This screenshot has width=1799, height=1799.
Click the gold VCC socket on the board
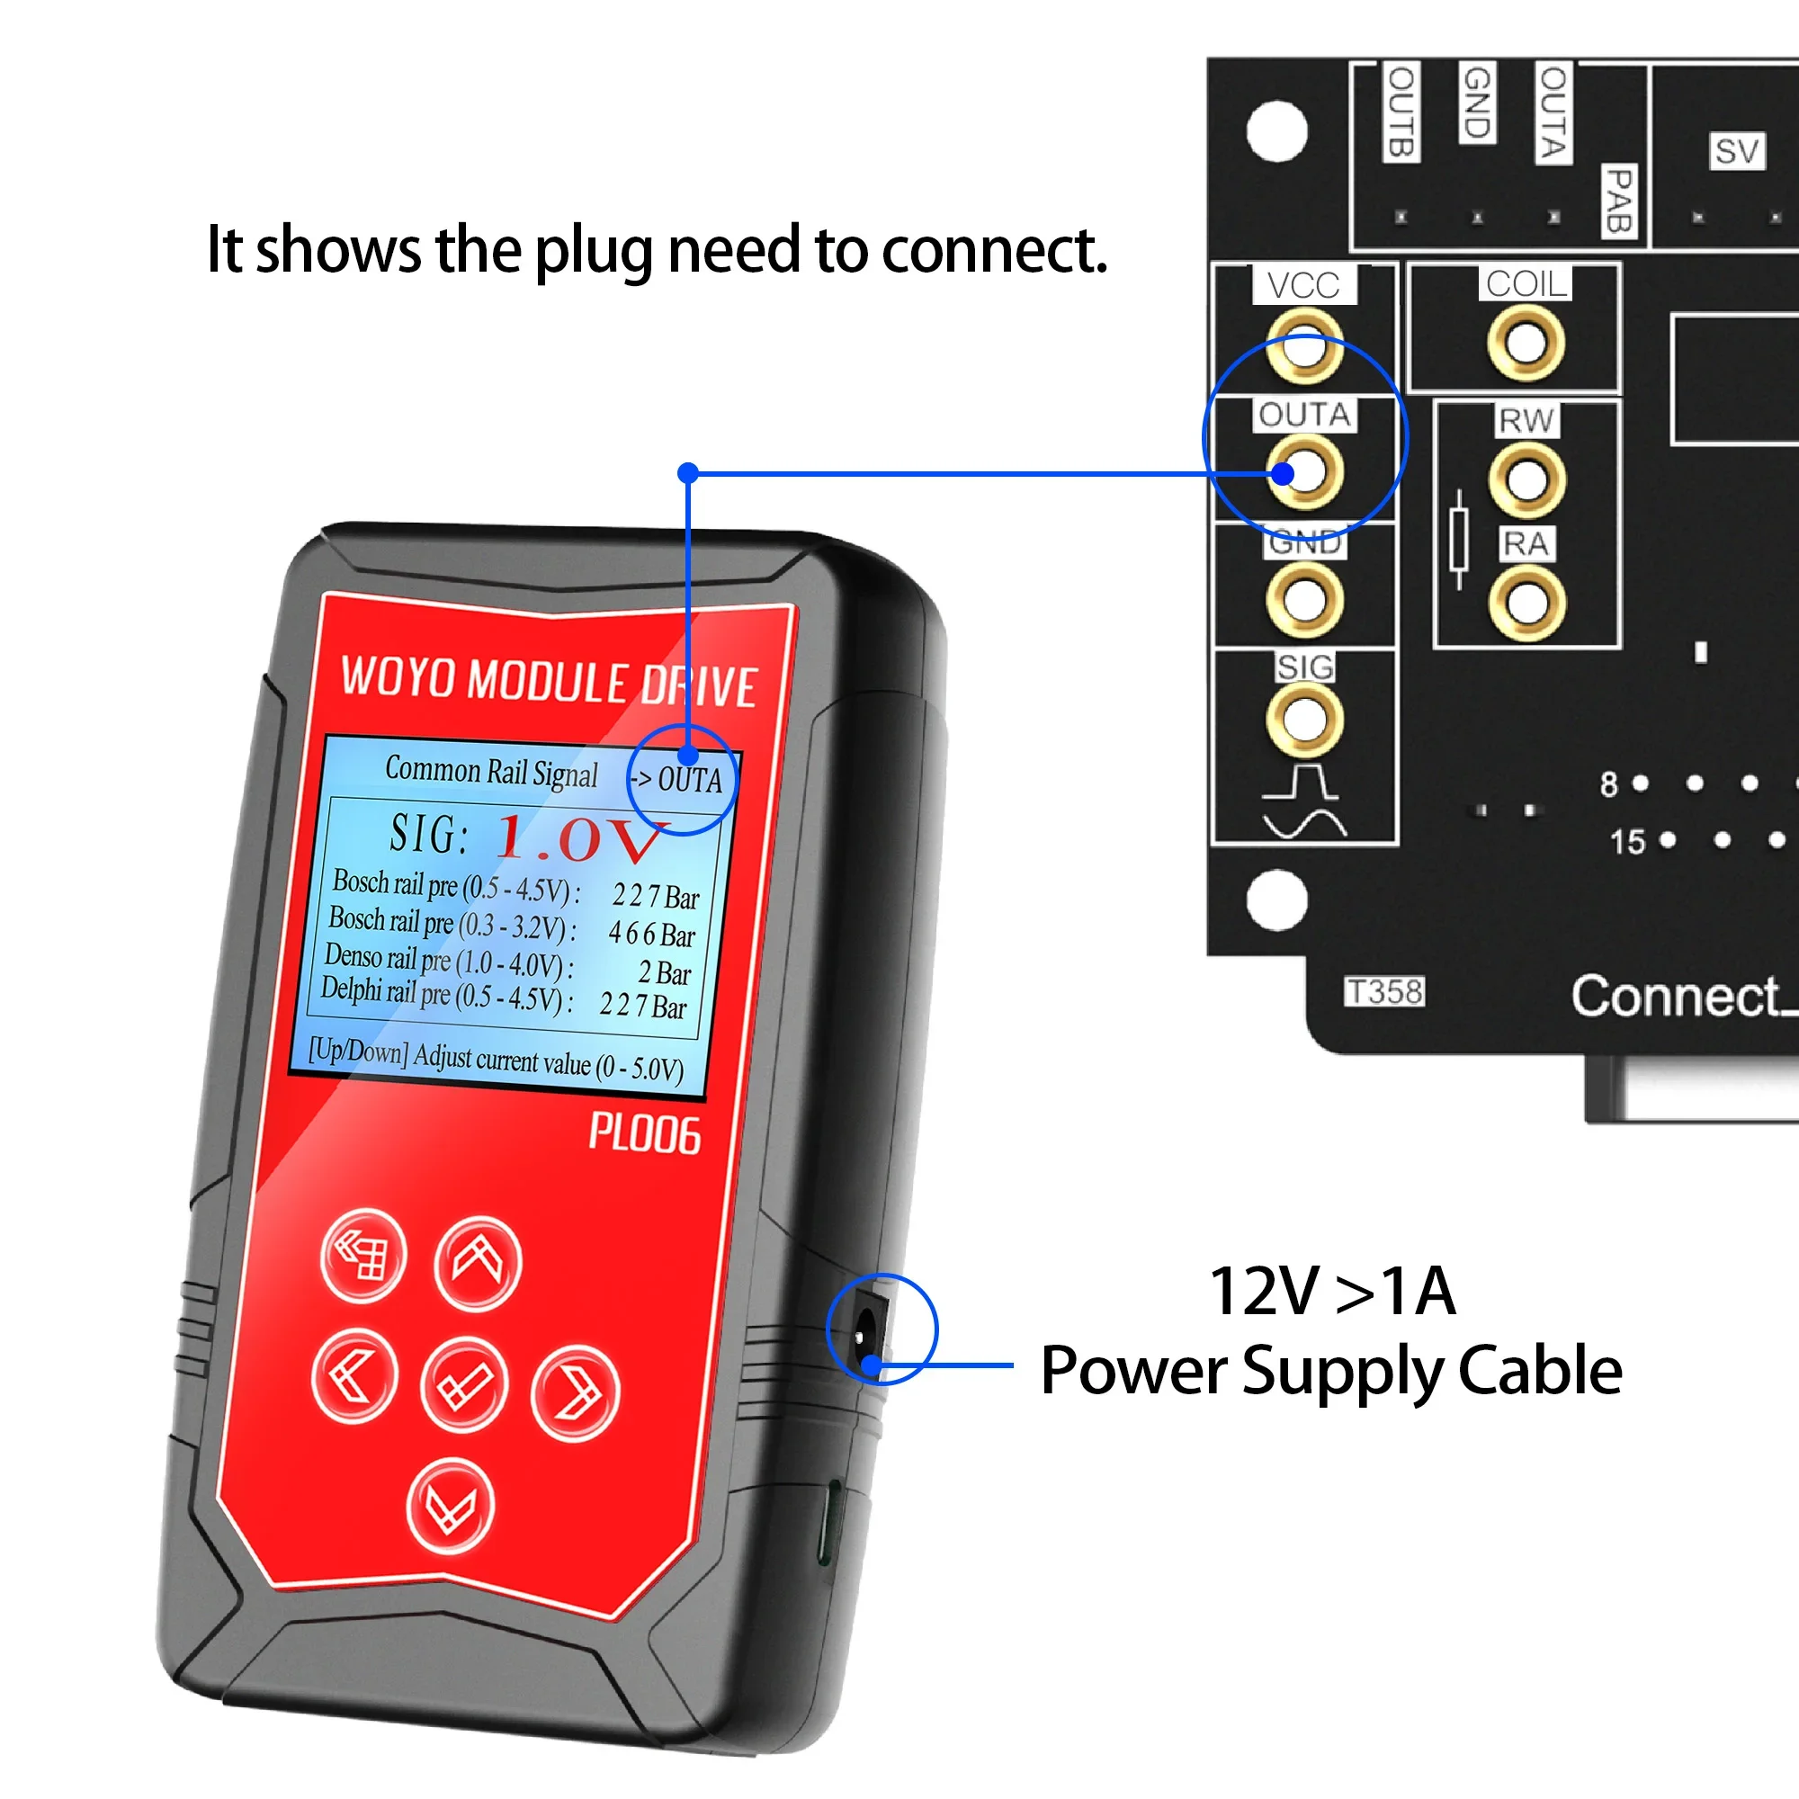(x=1304, y=347)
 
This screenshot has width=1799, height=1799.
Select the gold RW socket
(x=1526, y=479)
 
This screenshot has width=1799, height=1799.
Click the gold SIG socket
(x=1304, y=718)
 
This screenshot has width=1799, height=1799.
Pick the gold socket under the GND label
(x=1304, y=599)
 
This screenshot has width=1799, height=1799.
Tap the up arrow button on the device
(x=478, y=1264)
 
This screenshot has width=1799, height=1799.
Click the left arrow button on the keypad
(x=354, y=1376)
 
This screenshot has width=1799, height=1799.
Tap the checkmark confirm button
(x=464, y=1384)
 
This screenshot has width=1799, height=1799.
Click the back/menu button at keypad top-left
(x=362, y=1255)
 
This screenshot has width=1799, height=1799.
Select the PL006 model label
(x=644, y=1135)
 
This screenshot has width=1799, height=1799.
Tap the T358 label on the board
(x=1384, y=991)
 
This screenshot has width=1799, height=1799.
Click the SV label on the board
(x=1737, y=151)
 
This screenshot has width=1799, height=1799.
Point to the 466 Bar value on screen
(x=652, y=934)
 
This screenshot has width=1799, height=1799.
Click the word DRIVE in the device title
(x=697, y=686)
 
